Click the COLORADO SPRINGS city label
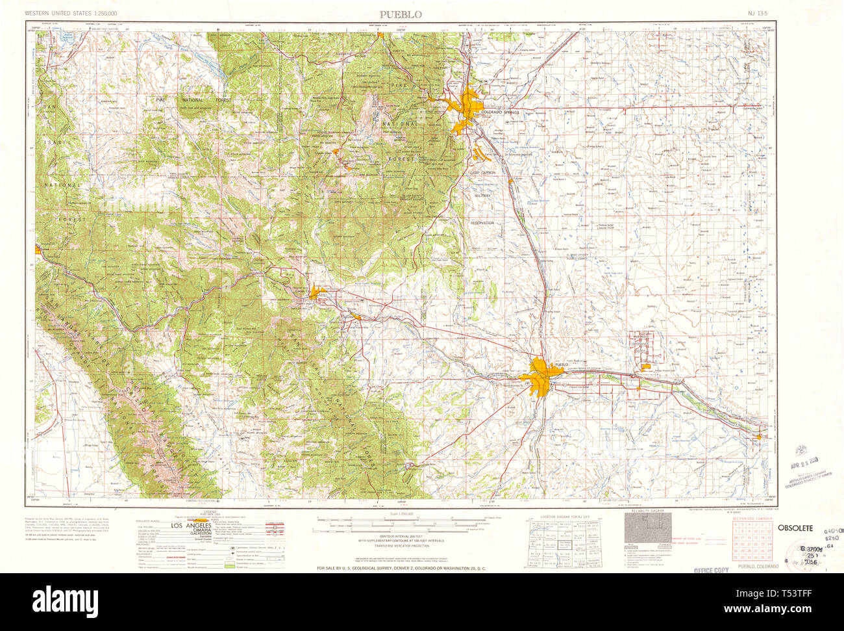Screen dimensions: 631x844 500,112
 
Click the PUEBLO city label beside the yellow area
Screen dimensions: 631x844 561,365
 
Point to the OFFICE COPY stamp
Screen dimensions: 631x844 711,570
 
